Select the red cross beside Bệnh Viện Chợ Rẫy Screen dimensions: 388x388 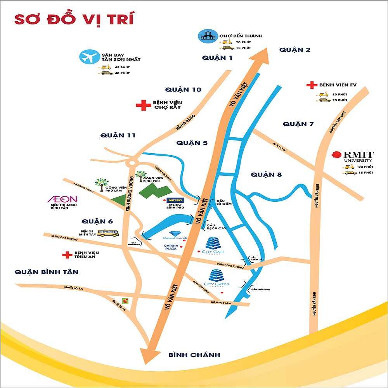(144, 105)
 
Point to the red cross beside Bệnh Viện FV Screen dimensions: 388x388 (311, 85)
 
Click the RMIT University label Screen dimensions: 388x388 (358, 156)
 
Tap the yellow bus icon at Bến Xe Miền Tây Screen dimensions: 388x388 (108, 233)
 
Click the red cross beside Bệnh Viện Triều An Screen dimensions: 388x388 (68, 255)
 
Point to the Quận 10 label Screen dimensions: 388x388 (183, 90)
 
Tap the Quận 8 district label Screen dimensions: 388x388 (266, 174)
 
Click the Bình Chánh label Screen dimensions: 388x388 (194, 355)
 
